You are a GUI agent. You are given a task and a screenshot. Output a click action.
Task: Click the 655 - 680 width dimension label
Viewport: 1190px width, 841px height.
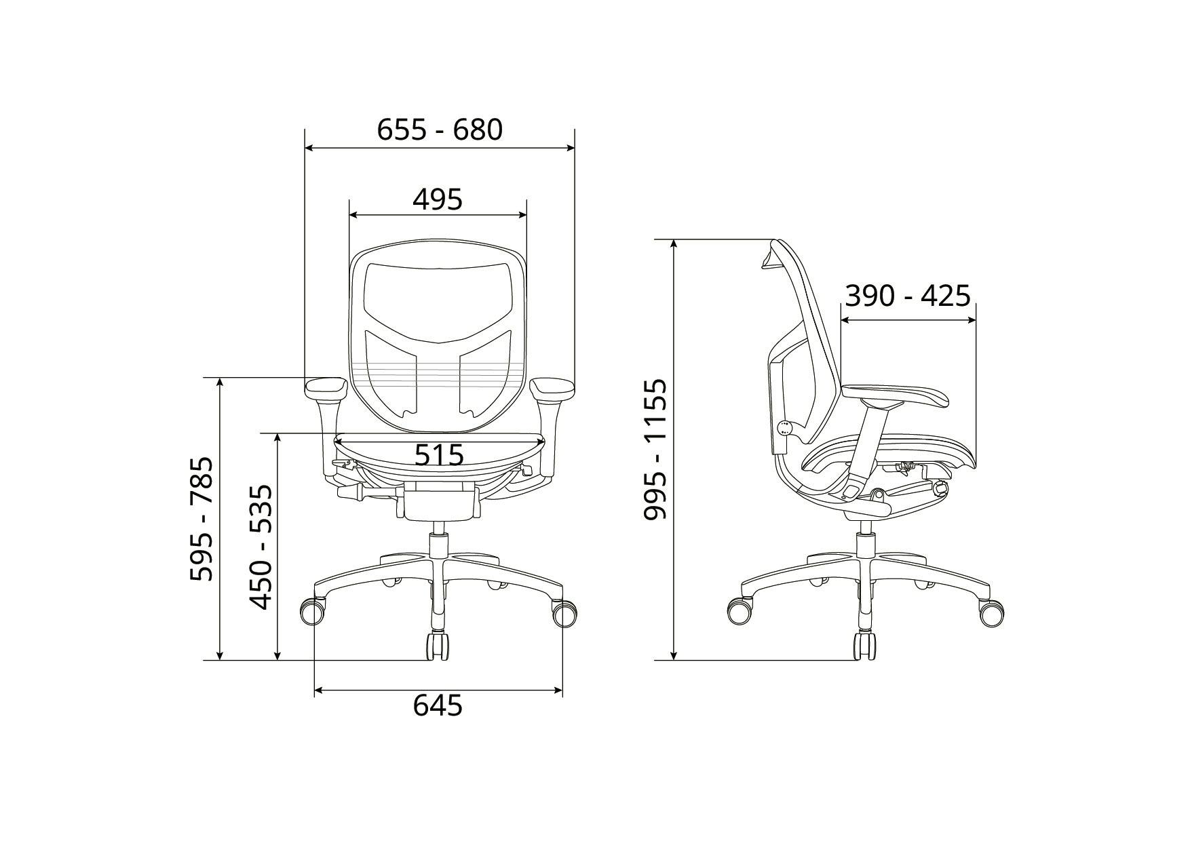pyautogui.click(x=440, y=130)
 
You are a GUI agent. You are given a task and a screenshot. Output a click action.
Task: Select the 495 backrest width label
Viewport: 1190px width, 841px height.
pyautogui.click(x=438, y=199)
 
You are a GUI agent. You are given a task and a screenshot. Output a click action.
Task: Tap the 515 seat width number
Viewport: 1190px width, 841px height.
pyautogui.click(x=439, y=455)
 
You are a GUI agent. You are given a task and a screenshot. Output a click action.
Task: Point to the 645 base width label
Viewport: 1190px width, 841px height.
pyautogui.click(x=438, y=706)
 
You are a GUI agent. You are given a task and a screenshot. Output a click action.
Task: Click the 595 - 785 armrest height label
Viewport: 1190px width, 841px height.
pyautogui.click(x=201, y=519)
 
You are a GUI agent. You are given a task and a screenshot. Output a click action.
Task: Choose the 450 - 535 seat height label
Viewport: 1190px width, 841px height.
pyautogui.click(x=261, y=547)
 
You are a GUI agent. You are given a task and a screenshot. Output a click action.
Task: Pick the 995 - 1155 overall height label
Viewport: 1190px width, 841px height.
pyautogui.click(x=655, y=450)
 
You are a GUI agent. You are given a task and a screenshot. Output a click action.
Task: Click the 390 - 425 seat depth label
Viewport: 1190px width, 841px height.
pyautogui.click(x=908, y=296)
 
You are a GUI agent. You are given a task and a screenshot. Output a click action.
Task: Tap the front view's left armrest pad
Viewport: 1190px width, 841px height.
pyautogui.click(x=326, y=389)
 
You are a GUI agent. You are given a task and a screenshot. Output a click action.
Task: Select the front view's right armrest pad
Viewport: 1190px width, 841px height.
pyautogui.click(x=552, y=389)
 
